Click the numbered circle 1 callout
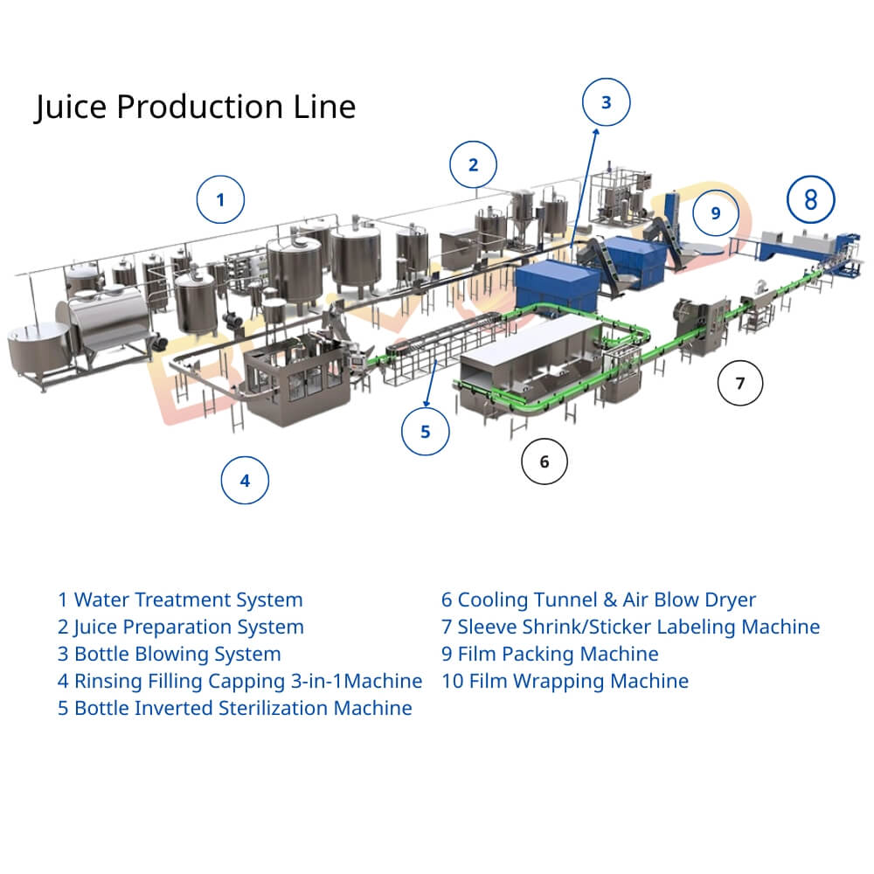point(220,200)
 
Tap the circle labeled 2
point(474,164)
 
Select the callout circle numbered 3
point(607,102)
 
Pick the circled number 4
point(245,480)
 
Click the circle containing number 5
point(426,432)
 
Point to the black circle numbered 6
point(545,461)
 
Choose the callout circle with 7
point(740,383)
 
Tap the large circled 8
point(811,200)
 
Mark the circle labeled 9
point(716,212)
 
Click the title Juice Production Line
point(195,107)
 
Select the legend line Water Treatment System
point(180,600)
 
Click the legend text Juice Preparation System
point(181,627)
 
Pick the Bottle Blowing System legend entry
point(170,654)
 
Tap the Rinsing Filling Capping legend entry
point(239,681)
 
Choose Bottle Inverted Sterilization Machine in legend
point(234,708)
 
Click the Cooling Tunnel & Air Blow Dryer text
point(598,600)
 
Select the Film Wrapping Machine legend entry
point(565,681)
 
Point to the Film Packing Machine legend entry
point(550,654)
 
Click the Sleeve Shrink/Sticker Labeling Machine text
point(630,627)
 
